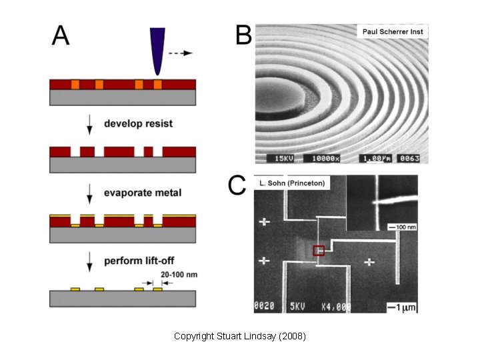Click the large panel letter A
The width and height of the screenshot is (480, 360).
61,34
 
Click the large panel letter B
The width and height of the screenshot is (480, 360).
243,35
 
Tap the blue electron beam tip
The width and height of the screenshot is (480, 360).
158,51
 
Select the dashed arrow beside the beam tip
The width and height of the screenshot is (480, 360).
180,51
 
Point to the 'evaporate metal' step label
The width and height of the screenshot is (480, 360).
143,193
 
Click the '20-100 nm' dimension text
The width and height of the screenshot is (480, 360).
179,274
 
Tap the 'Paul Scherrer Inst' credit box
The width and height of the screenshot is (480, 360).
393,31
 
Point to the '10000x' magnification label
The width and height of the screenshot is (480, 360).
324,159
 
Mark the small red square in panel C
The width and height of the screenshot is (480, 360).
319,251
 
